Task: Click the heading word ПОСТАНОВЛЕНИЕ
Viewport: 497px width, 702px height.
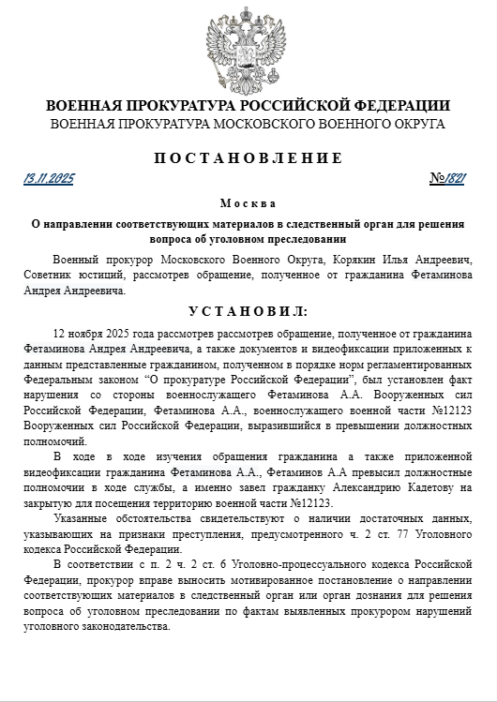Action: pos(248,157)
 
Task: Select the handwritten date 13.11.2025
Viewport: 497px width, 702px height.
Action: pos(49,178)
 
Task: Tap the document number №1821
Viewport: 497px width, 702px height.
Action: pos(449,178)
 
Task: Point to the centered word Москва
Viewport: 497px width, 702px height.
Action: pos(248,203)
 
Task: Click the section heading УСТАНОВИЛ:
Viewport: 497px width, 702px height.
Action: pos(248,310)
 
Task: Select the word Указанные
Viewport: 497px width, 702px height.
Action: pos(83,519)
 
